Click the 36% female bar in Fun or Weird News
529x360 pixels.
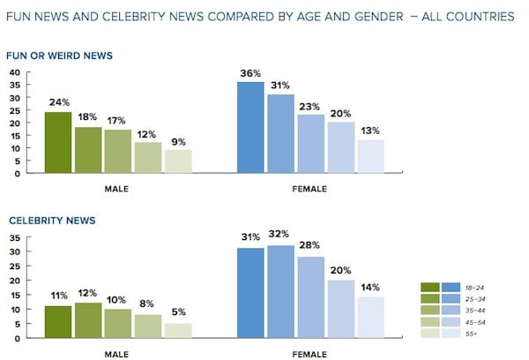251,128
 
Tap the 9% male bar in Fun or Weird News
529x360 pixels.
177,161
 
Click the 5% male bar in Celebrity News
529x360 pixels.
177,331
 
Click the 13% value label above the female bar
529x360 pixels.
371,132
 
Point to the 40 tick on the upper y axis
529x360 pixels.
14,71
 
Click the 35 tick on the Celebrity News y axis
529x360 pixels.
14,238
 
